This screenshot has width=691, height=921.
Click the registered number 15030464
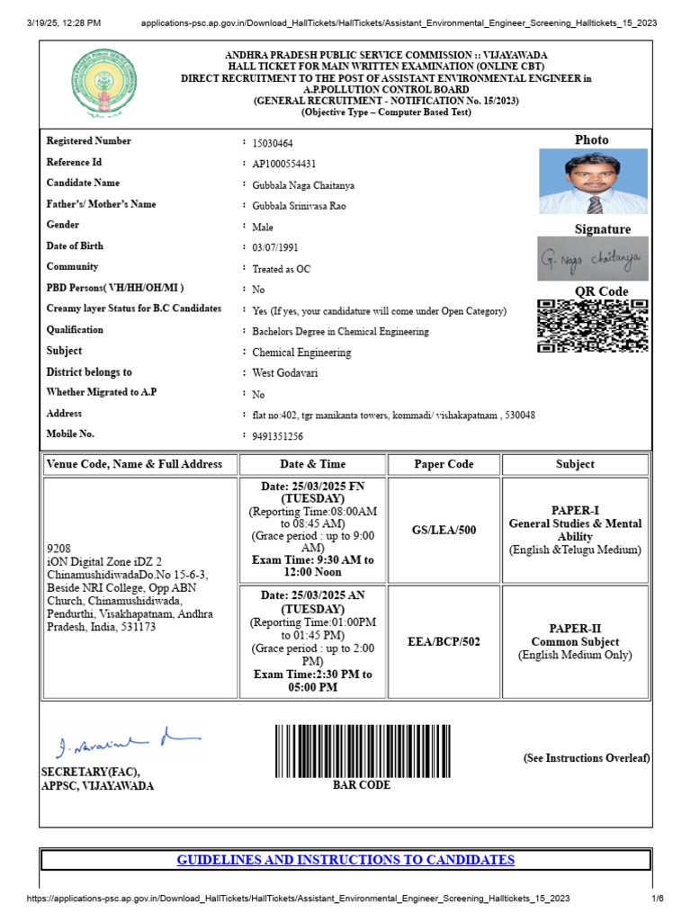(x=273, y=143)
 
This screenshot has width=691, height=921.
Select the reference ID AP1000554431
(x=284, y=164)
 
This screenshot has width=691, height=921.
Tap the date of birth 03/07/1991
(x=275, y=247)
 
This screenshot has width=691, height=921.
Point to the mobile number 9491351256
(x=277, y=436)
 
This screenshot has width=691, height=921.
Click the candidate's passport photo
(x=592, y=182)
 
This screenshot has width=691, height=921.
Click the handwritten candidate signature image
(x=592, y=260)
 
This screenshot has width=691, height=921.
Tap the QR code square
(x=592, y=325)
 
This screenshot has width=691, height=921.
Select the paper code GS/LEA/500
(x=444, y=531)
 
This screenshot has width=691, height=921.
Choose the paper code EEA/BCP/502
(x=444, y=642)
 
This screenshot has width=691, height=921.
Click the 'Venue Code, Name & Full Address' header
(x=139, y=464)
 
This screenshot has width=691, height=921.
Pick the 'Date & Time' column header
(x=312, y=464)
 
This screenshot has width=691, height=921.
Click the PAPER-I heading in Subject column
(x=575, y=510)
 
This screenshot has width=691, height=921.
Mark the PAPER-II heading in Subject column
(x=575, y=629)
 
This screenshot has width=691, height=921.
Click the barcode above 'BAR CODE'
(x=362, y=751)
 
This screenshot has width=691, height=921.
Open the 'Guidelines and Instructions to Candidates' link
(x=345, y=860)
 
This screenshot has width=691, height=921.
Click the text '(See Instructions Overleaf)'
(x=587, y=758)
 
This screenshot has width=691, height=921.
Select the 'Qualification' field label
(x=75, y=330)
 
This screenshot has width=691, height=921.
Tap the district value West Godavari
(x=285, y=373)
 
